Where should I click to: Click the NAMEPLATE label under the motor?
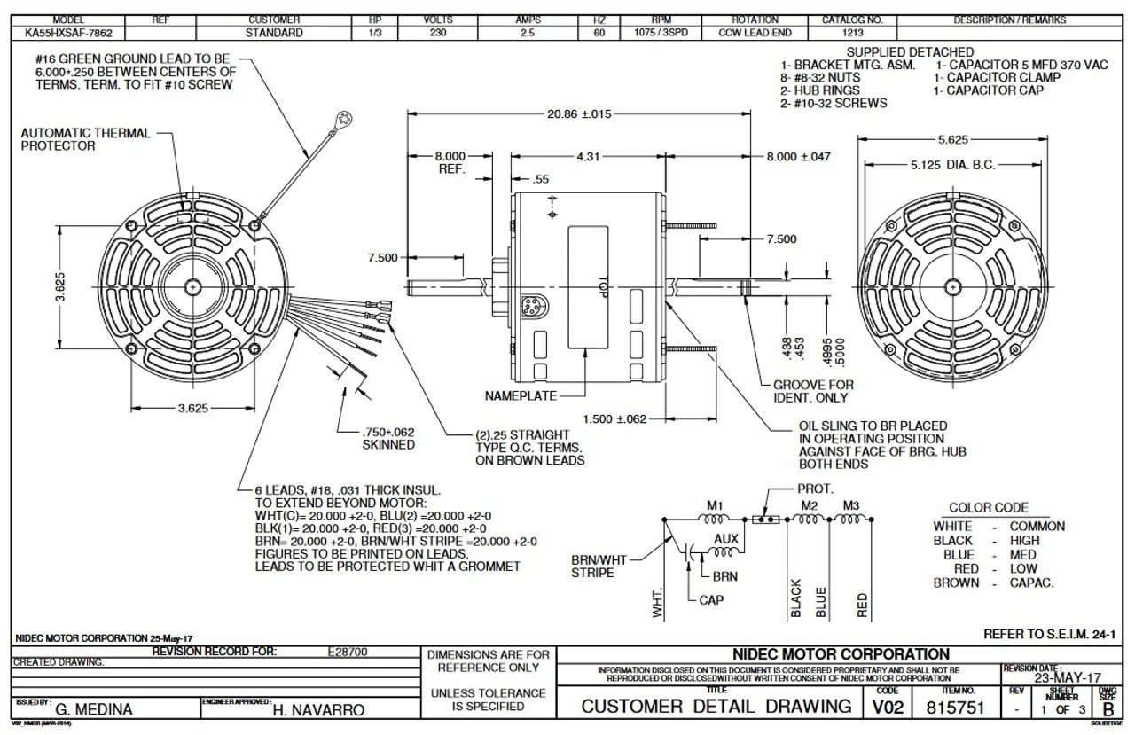(522, 395)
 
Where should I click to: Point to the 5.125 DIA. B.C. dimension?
(952, 165)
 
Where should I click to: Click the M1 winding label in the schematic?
(715, 505)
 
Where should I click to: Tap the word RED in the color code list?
(941, 568)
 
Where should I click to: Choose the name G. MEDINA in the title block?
(95, 710)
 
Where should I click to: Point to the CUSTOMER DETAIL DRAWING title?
(716, 707)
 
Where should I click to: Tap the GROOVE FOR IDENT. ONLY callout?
(813, 391)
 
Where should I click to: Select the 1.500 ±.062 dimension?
(614, 418)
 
